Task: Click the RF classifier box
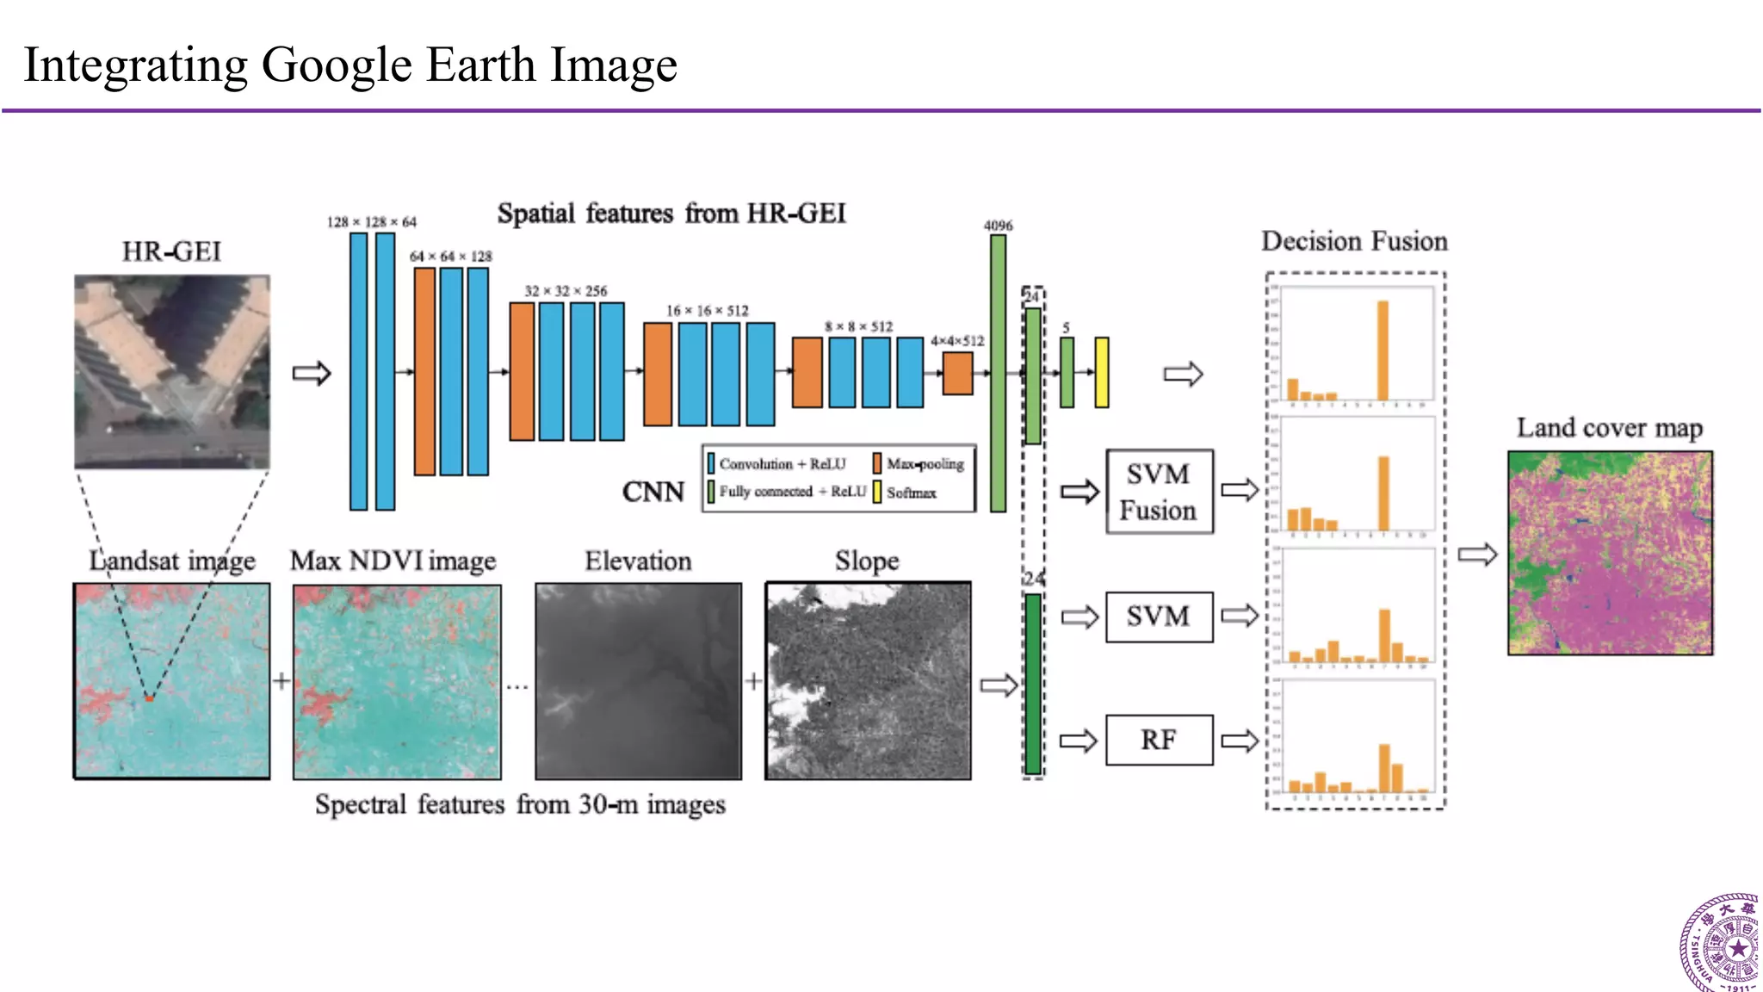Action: (1159, 740)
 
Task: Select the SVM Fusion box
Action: (1159, 492)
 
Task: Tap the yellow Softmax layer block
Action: (1101, 372)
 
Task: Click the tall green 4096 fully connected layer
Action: (998, 373)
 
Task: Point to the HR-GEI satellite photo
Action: (172, 371)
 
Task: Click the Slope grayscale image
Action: (868, 681)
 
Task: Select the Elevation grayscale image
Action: (638, 681)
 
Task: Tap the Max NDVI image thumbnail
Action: (397, 681)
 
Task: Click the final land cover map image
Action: (1610, 553)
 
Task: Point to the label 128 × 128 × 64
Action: (371, 222)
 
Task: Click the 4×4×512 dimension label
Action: (956, 341)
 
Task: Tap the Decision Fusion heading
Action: (1354, 241)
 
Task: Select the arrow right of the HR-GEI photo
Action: (312, 373)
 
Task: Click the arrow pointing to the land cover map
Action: (1477, 554)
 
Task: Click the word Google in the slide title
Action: (337, 65)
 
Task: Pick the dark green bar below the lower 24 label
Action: (1032, 684)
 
